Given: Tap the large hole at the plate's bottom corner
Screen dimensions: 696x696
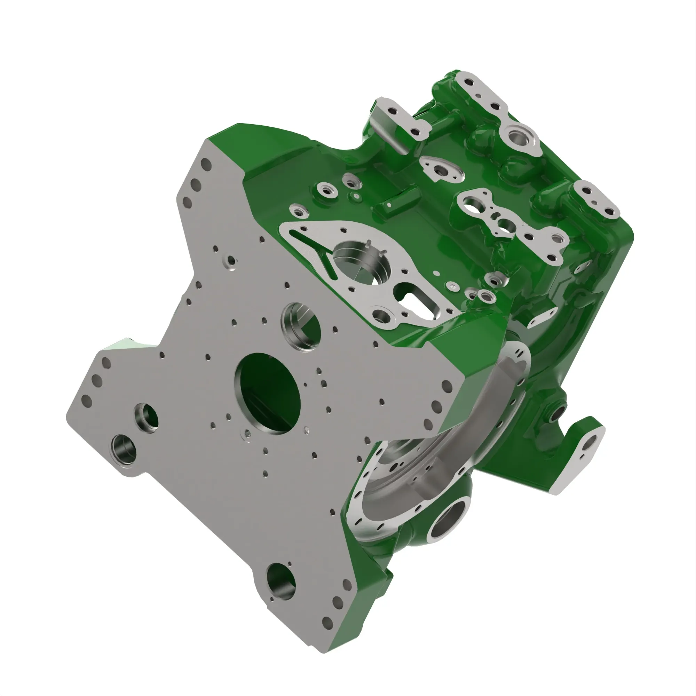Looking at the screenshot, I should (x=281, y=582).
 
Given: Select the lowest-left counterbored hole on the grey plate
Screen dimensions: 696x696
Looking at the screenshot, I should (x=124, y=449).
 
